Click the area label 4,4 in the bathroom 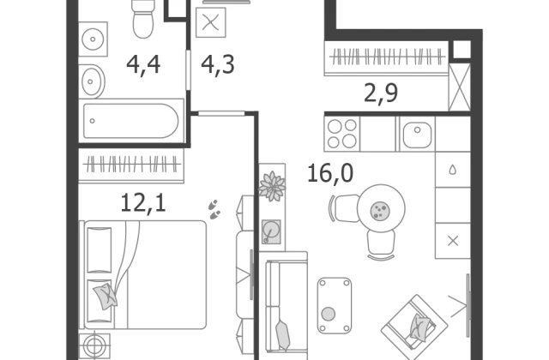(143, 65)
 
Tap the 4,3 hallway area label (218, 65)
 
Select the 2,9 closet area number (381, 93)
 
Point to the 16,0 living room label (330, 173)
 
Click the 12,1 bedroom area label (143, 202)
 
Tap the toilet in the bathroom (143, 18)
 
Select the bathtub (131, 121)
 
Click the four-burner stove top (342, 134)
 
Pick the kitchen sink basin (417, 135)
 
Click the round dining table (381, 209)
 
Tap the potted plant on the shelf (272, 187)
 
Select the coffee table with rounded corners (335, 305)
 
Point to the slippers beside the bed (214, 209)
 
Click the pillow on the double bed (106, 297)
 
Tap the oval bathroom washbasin (92, 81)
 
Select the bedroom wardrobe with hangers (131, 165)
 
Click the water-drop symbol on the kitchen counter (453, 170)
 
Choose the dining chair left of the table (344, 208)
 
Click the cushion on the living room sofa (283, 335)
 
